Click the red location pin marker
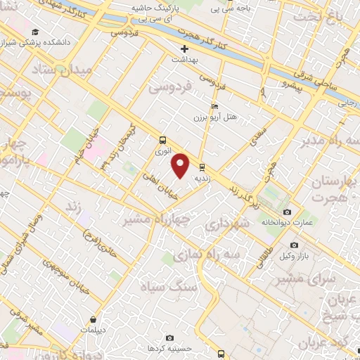click(x=181, y=165)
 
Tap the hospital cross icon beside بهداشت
click(x=185, y=49)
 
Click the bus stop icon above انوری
click(x=162, y=139)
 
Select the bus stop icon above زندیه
click(x=202, y=167)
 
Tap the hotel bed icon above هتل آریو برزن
click(x=214, y=104)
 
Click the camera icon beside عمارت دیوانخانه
click(x=287, y=212)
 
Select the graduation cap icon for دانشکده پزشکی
click(x=36, y=32)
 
